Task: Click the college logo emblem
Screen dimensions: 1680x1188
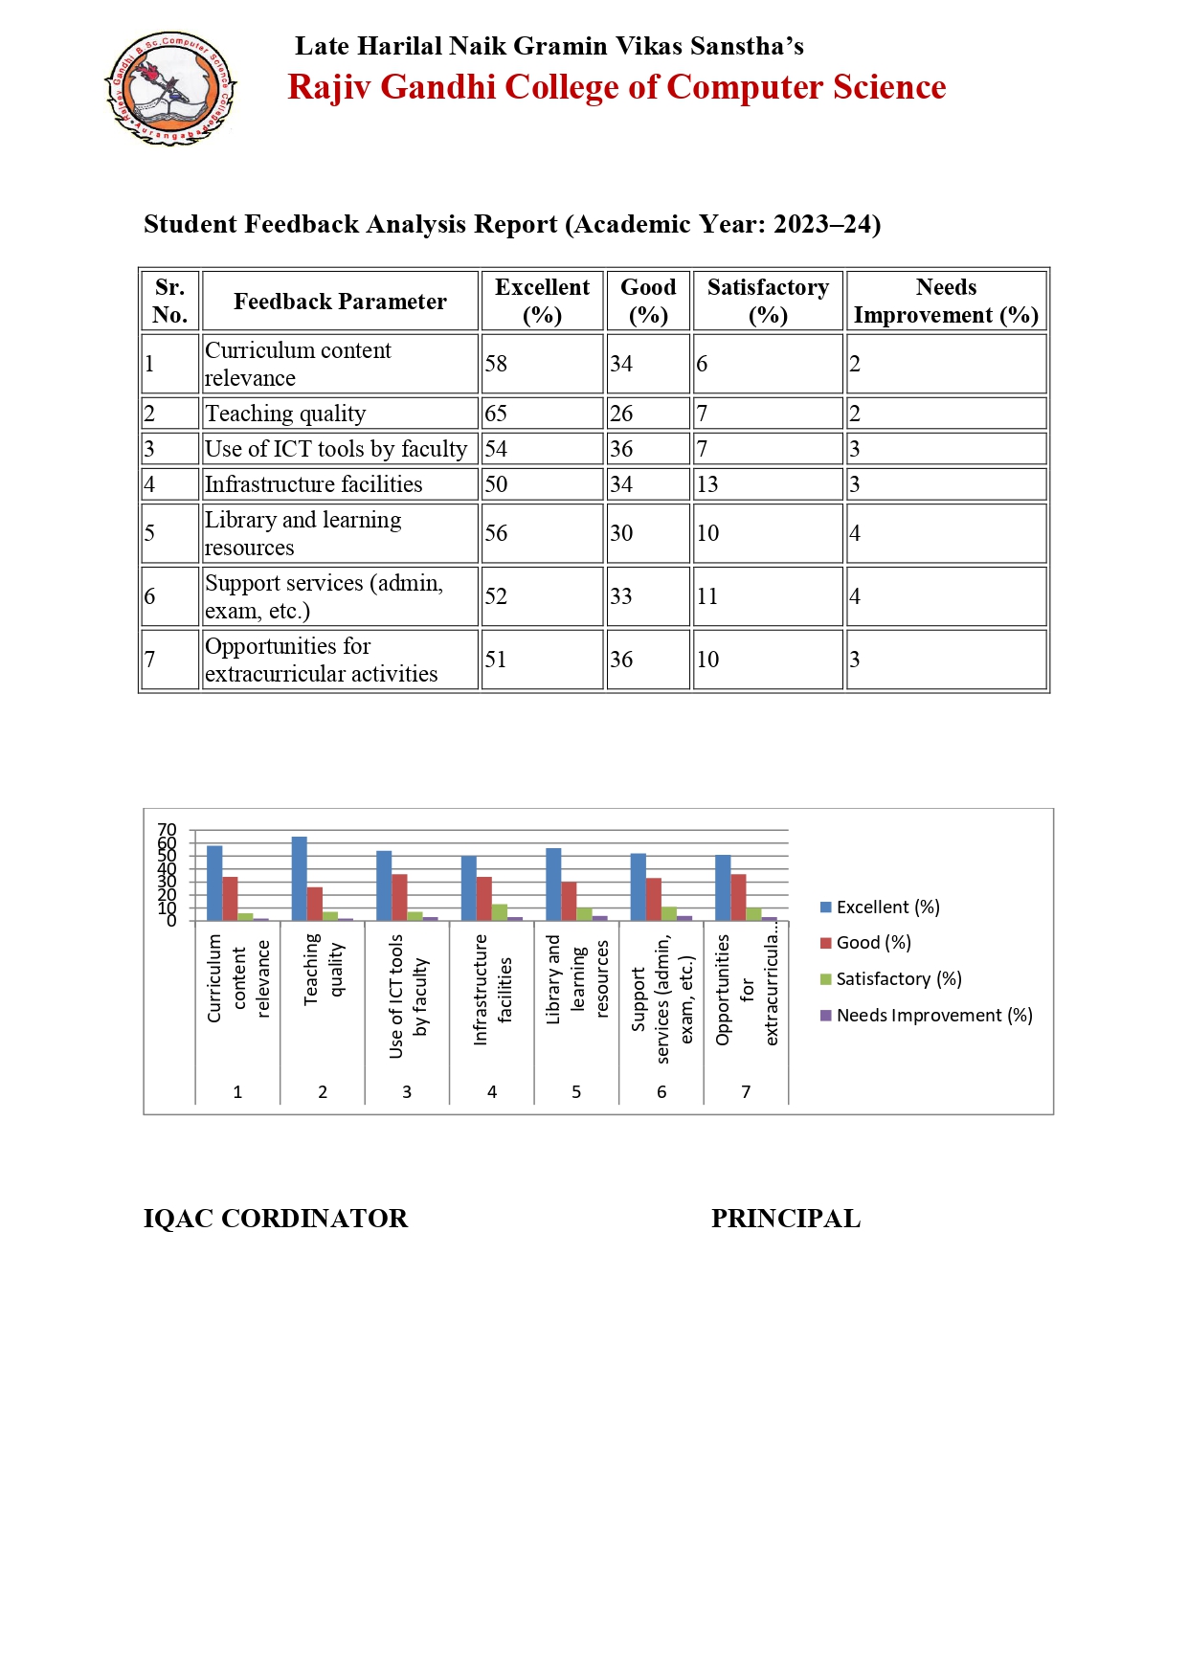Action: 170,88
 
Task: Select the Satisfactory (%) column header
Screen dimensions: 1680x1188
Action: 768,301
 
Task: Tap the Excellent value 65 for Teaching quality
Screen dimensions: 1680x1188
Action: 496,414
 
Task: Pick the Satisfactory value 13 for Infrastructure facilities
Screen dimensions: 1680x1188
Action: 707,484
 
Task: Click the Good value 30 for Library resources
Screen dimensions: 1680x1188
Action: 621,533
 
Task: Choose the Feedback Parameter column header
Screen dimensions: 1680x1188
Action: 340,302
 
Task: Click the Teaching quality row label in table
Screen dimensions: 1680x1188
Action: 285,414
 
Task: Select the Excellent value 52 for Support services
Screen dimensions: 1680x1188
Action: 496,596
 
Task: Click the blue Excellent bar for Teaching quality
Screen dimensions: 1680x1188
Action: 300,878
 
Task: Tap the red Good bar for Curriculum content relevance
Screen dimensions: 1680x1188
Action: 231,898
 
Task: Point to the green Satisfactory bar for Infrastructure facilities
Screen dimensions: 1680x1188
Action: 500,911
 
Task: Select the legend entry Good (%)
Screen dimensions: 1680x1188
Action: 873,943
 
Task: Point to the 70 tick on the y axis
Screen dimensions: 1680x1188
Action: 168,829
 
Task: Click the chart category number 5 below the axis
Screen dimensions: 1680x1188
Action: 576,1092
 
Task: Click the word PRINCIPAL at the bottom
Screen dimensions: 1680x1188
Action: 786,1219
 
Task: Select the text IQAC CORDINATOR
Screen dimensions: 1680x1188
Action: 276,1219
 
